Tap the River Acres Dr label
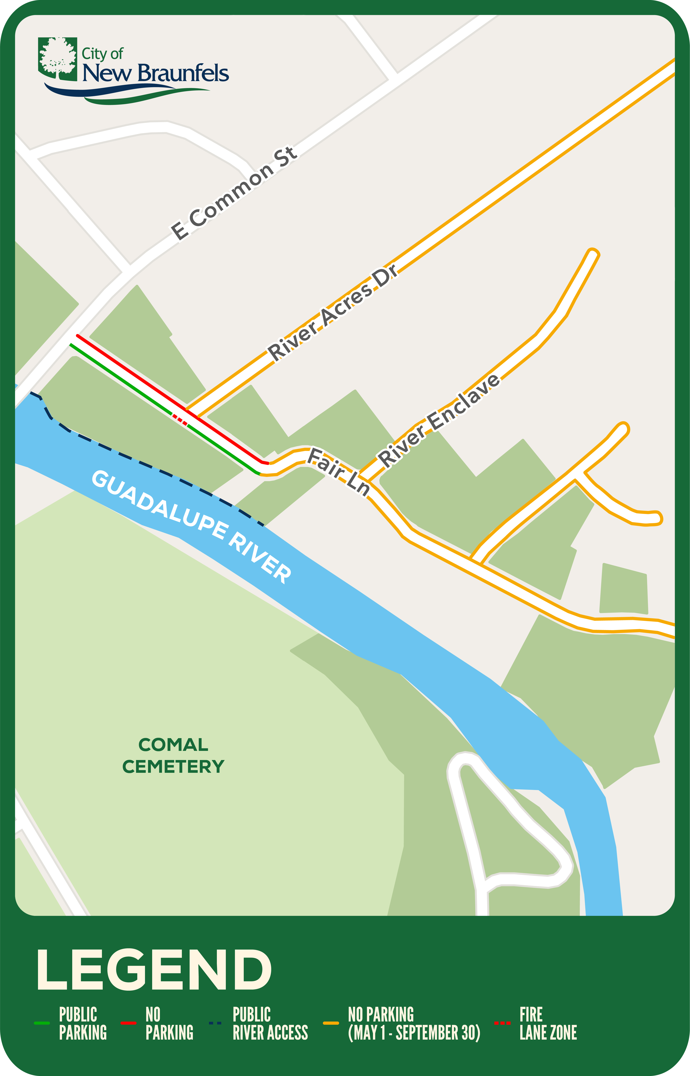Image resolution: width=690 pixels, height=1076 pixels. (332, 312)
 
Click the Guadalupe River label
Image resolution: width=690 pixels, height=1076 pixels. (192, 527)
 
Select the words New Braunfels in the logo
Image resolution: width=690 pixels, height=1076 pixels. (156, 73)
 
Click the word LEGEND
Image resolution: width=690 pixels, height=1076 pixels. (154, 970)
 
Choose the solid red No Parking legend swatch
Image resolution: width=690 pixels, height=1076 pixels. (129, 1023)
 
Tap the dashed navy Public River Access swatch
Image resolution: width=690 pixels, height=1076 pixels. (215, 1023)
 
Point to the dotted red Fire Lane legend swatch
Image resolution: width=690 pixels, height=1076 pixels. (502, 1023)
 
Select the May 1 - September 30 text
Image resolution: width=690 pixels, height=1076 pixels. (414, 1033)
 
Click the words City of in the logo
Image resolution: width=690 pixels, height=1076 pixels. (102, 54)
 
